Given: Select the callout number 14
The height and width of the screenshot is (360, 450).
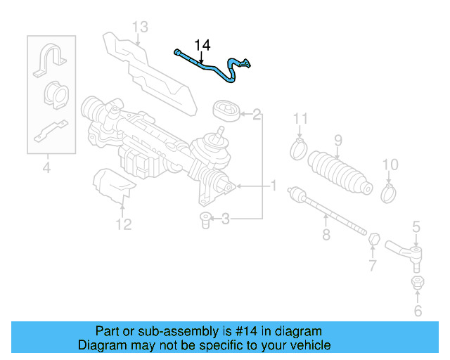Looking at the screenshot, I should pos(202,46).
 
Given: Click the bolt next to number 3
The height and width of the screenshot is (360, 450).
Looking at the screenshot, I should pos(205,219).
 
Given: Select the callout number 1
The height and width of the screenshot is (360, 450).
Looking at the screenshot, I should pos(273,186).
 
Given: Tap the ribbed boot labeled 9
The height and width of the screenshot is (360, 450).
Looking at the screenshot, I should pos(341,172).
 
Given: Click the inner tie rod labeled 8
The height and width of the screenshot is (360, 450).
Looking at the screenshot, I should pos(330,210).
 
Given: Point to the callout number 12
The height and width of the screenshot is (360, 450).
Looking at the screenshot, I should pos(123,225).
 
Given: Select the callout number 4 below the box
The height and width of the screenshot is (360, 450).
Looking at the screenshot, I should pos(46,167).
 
